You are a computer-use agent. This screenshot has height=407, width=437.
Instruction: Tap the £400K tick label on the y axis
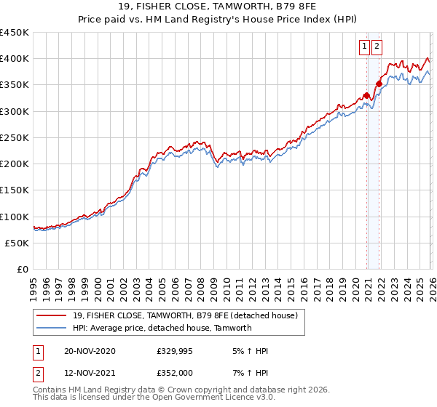pos(15,59)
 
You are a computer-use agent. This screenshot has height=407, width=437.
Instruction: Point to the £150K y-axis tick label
pos(15,190)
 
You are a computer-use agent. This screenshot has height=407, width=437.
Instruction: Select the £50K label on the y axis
pos(17,243)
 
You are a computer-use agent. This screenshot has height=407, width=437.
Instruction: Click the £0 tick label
pos(23,270)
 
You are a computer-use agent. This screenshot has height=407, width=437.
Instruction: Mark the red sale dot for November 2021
pos(379,84)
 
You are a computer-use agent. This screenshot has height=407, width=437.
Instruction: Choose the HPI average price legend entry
pos(162,328)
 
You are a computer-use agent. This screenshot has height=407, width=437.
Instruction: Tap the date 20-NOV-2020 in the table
pos(90,351)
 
